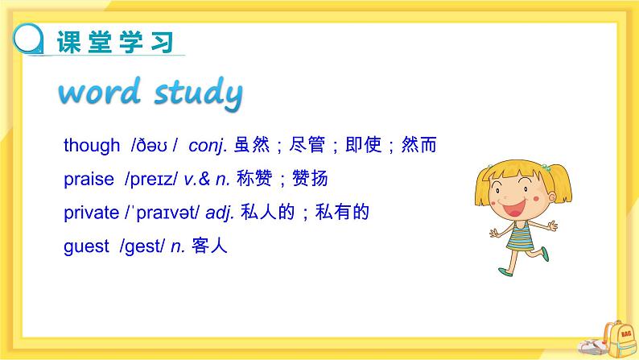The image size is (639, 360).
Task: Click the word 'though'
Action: pos(91,146)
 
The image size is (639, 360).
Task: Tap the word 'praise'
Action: pos(89,180)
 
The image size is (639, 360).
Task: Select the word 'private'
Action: pos(90,213)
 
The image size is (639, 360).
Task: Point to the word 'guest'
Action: pos(85,247)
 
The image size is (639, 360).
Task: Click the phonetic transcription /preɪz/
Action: pos(152,180)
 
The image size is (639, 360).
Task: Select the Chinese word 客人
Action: pos(212,246)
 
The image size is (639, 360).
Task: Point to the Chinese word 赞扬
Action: pos(311,179)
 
